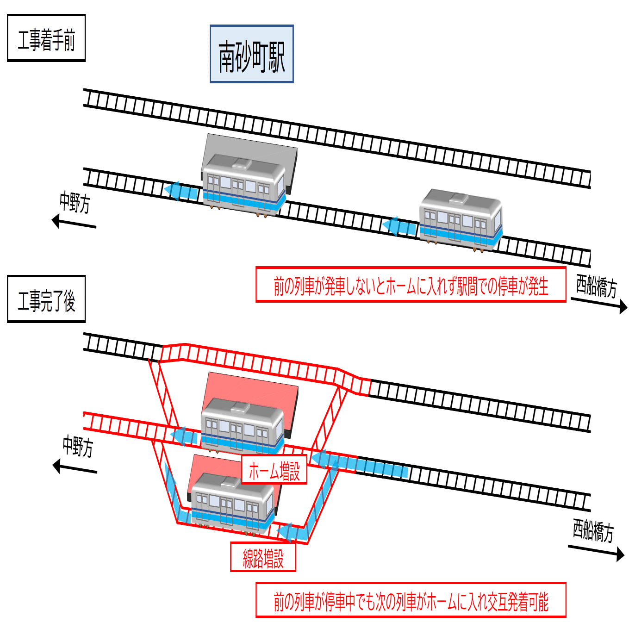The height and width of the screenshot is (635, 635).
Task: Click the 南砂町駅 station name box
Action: point(252,54)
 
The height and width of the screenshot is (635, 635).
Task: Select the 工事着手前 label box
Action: point(46,38)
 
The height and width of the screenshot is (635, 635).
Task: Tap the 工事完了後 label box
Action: point(46,299)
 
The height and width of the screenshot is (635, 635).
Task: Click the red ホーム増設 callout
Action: point(274,470)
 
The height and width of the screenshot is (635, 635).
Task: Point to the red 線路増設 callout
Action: point(263,557)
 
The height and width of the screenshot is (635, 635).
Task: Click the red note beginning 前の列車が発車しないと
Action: point(411,285)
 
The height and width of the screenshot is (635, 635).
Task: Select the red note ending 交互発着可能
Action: point(411,600)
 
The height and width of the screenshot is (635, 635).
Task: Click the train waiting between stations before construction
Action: point(461,220)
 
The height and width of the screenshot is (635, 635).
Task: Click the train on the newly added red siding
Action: point(233,504)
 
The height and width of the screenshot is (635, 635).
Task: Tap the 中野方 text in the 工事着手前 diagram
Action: point(75,202)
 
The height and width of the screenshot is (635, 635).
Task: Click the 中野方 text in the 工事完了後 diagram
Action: point(78,446)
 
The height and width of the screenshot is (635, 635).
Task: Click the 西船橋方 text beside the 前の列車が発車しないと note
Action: point(597,286)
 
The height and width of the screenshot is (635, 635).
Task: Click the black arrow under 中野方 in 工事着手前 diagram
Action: point(74,223)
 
